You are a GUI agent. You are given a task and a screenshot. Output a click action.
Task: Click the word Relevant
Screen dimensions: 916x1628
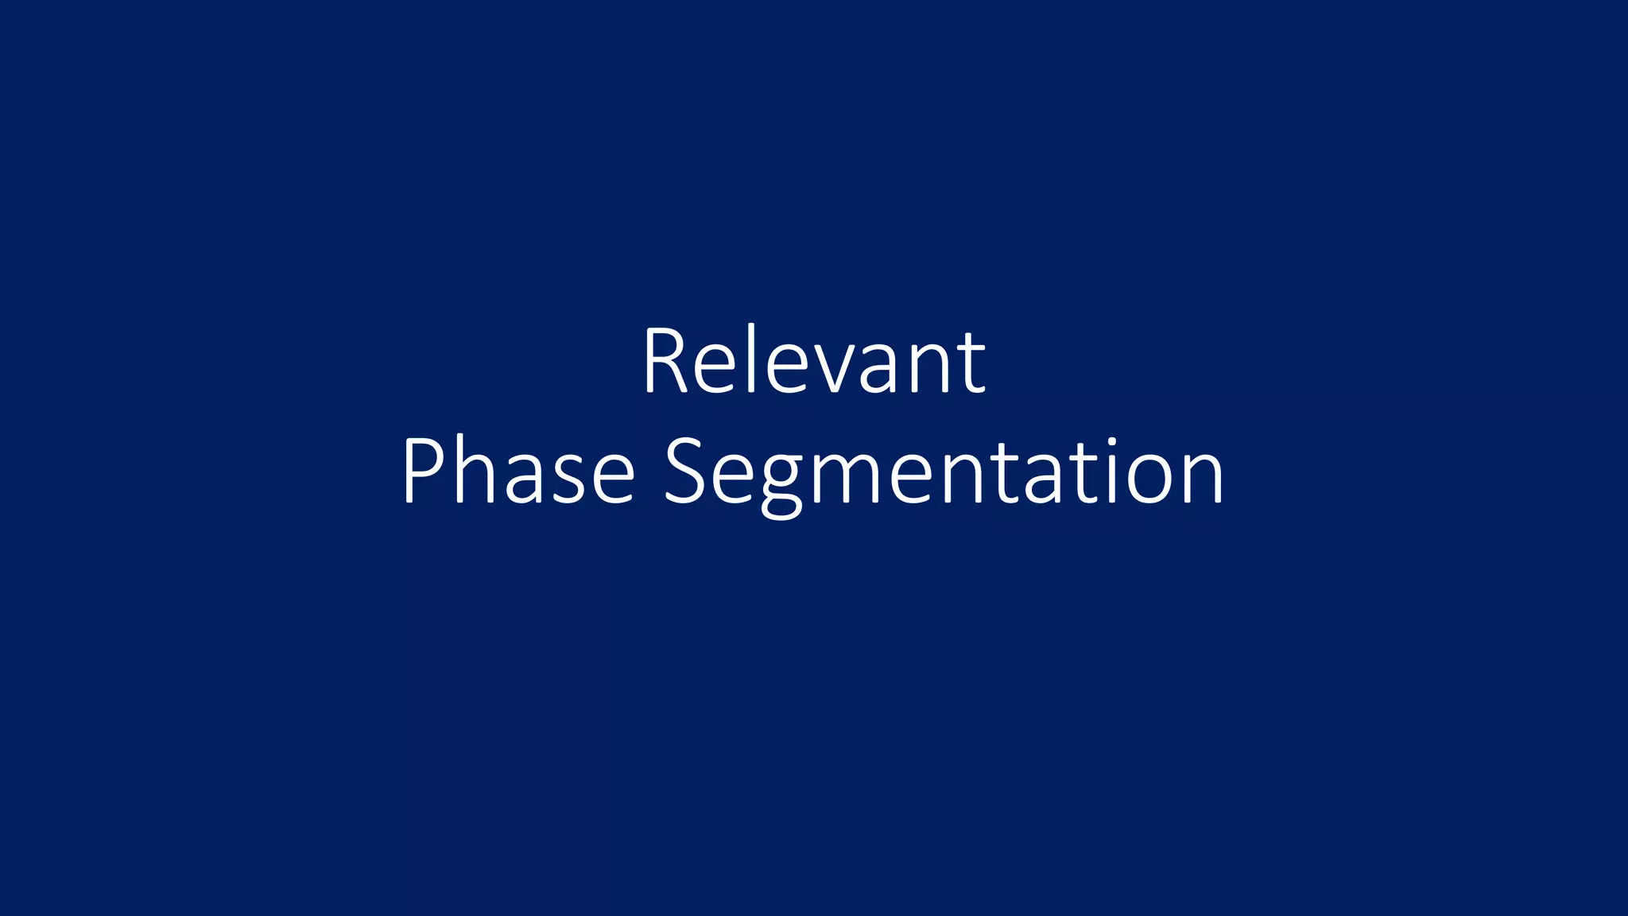tap(814, 362)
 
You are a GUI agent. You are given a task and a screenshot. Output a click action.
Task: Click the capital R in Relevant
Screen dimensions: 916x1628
tap(665, 362)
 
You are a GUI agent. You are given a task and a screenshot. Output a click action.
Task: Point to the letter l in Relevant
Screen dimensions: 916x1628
tap(750, 359)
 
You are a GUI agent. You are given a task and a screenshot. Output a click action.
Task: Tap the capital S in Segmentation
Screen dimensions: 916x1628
tap(685, 471)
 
